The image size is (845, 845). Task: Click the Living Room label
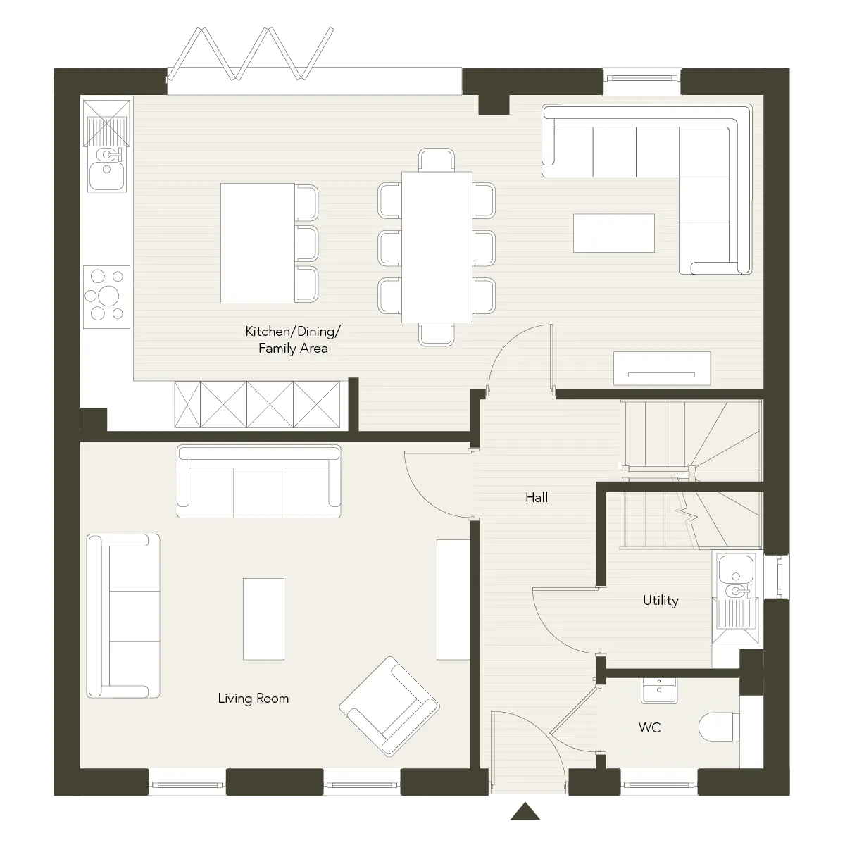(253, 699)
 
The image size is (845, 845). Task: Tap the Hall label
(537, 497)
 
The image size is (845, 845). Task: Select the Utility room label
(661, 601)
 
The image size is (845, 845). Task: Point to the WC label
(649, 727)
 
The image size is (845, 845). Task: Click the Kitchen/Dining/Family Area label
(292, 339)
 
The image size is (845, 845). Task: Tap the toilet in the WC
(719, 727)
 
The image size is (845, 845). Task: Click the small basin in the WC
(659, 691)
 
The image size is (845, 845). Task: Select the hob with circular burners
(106, 296)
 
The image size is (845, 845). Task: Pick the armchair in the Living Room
(389, 706)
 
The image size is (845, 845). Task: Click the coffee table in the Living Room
(263, 619)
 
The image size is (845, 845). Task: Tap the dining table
(437, 247)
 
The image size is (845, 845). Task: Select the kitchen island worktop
(258, 244)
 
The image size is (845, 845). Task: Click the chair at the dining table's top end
(437, 160)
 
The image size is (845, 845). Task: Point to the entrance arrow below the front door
(525, 810)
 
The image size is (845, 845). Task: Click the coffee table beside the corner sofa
(614, 233)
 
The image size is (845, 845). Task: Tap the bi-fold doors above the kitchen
(251, 54)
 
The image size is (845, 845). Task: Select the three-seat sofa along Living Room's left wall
(123, 615)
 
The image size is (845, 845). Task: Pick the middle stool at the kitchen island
(307, 244)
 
